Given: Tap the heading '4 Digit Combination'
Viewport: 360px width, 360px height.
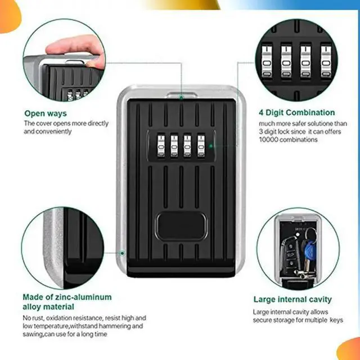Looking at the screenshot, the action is click(296, 112).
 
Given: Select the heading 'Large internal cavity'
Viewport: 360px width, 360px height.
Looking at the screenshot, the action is click(292, 299).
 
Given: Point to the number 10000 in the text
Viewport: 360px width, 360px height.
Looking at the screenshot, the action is click(270, 139).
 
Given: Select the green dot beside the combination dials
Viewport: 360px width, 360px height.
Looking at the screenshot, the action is click(210, 146).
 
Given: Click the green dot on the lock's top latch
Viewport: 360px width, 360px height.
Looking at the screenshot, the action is click(181, 97).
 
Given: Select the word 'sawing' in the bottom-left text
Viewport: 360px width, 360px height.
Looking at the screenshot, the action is click(33, 334).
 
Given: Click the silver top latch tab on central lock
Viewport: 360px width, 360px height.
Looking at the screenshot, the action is click(181, 93).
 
